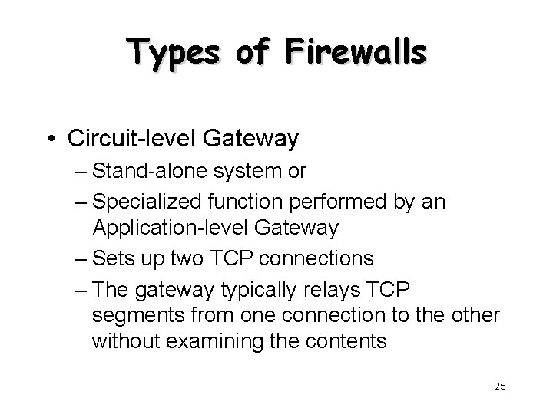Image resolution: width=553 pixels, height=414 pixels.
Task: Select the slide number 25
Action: [x=500, y=386]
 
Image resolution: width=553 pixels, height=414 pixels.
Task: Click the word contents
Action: [x=338, y=342]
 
